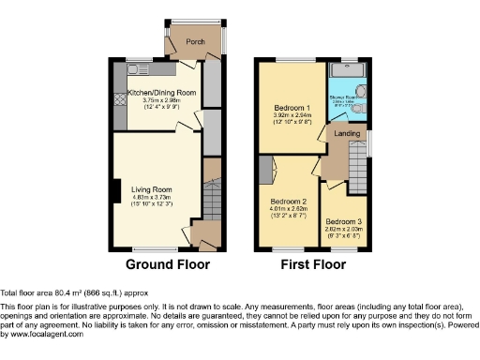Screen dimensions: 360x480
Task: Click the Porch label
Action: [196, 41]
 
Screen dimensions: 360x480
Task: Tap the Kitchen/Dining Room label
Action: [161, 93]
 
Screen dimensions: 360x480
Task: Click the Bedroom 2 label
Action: [290, 202]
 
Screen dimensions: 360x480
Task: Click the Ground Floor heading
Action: [167, 264]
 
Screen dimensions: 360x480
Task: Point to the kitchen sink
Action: [136, 68]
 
